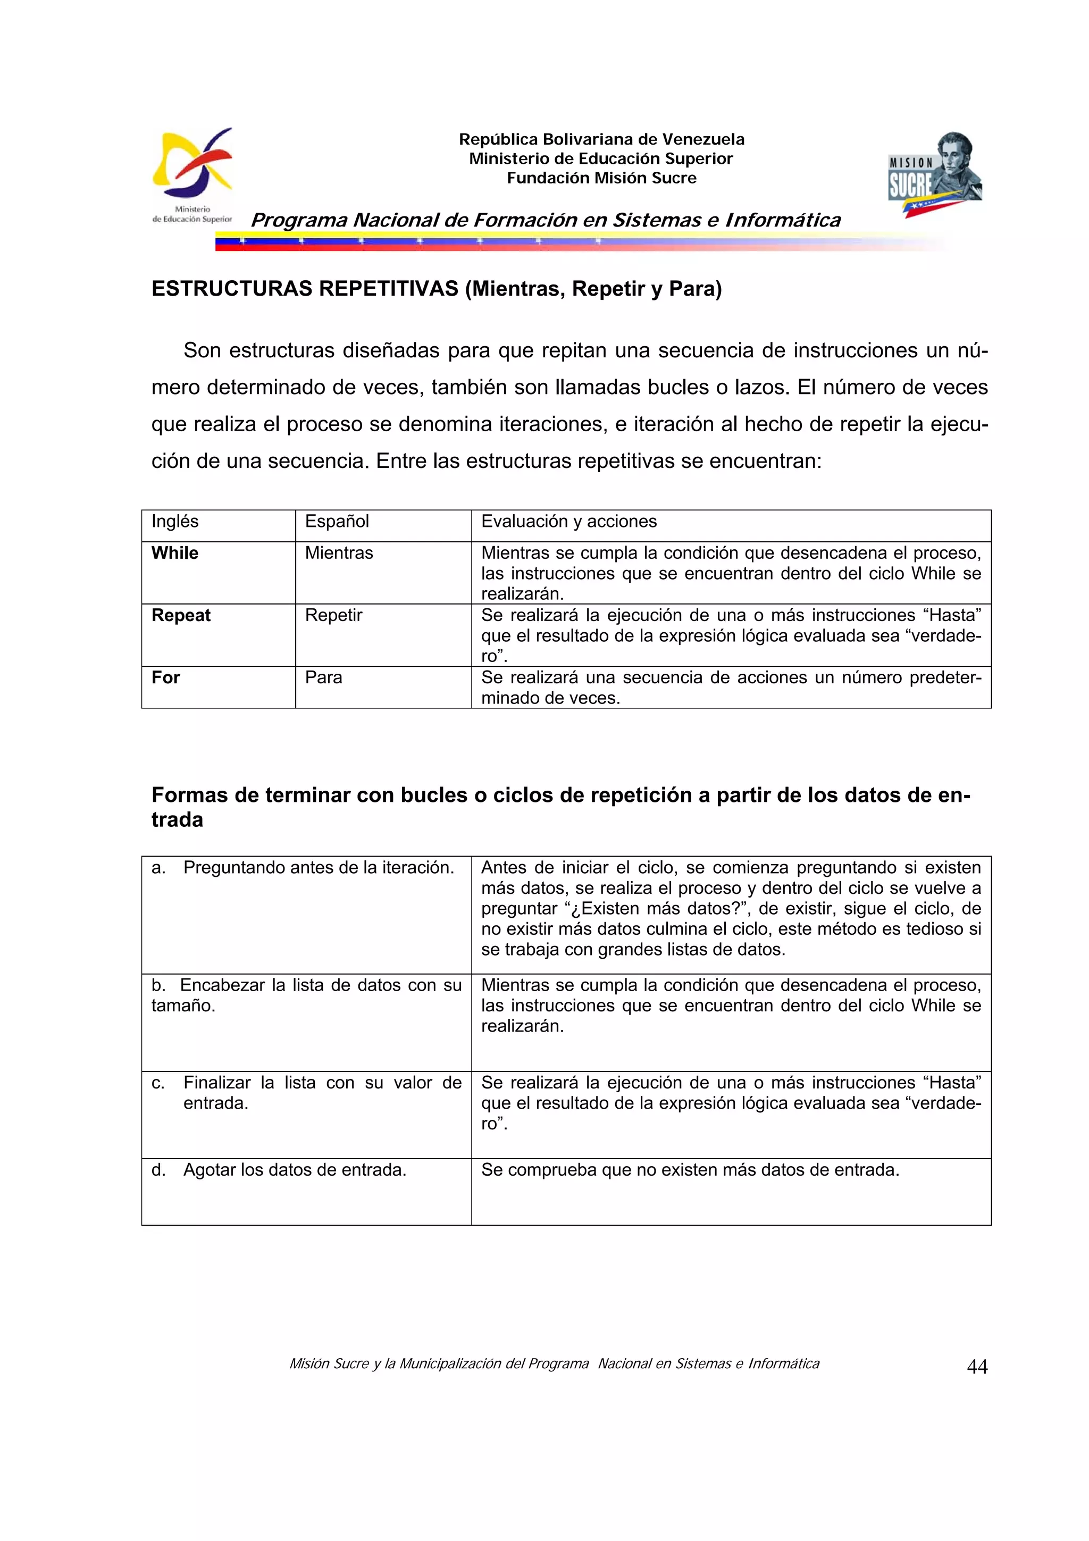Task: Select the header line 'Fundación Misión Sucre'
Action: point(601,178)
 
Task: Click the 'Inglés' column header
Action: point(175,522)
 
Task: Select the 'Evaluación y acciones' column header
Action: point(568,522)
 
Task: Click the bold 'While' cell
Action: point(175,553)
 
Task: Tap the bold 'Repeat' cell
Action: point(181,615)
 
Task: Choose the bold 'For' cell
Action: point(166,677)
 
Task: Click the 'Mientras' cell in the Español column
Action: point(339,553)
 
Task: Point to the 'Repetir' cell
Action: point(333,615)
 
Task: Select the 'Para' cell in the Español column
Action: point(323,677)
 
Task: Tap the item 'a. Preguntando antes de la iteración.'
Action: point(303,868)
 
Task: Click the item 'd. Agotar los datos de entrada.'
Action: point(279,1170)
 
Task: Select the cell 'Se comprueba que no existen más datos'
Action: point(690,1170)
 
